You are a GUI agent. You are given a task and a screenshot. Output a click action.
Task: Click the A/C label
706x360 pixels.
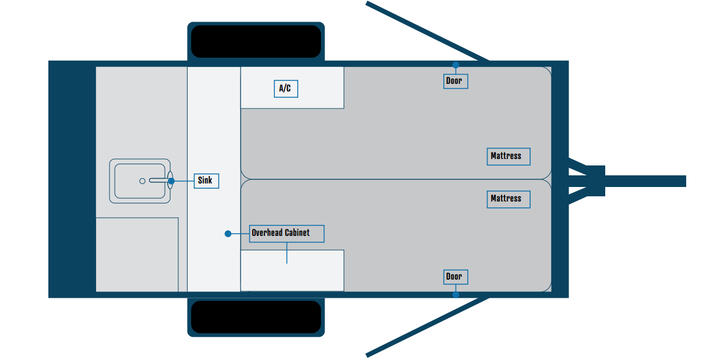(x=285, y=89)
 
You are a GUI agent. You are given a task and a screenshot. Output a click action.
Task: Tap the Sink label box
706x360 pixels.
(x=206, y=181)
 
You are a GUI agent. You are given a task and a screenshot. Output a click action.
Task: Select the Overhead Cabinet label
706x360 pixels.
(x=287, y=233)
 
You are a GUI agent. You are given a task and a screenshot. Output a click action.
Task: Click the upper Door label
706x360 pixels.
(x=455, y=81)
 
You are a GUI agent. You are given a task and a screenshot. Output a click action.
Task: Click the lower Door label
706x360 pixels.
(x=455, y=277)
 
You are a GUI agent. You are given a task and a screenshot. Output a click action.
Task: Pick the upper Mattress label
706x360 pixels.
(x=508, y=156)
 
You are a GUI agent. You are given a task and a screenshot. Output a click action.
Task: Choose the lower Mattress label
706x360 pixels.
(x=508, y=199)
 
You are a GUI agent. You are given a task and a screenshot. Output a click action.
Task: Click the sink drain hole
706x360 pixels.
(x=142, y=181)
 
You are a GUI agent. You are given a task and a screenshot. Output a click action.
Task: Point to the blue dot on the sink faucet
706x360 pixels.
(x=171, y=181)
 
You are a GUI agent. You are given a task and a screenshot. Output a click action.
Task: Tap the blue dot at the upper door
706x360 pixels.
(x=456, y=65)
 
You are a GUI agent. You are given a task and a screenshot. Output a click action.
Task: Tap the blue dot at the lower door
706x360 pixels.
(x=456, y=294)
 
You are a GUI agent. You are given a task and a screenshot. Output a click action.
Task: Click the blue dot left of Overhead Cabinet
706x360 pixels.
(x=228, y=234)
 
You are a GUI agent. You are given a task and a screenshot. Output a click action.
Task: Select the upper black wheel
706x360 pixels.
(x=256, y=41)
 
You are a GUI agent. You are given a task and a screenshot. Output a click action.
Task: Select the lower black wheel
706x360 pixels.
(x=256, y=317)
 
